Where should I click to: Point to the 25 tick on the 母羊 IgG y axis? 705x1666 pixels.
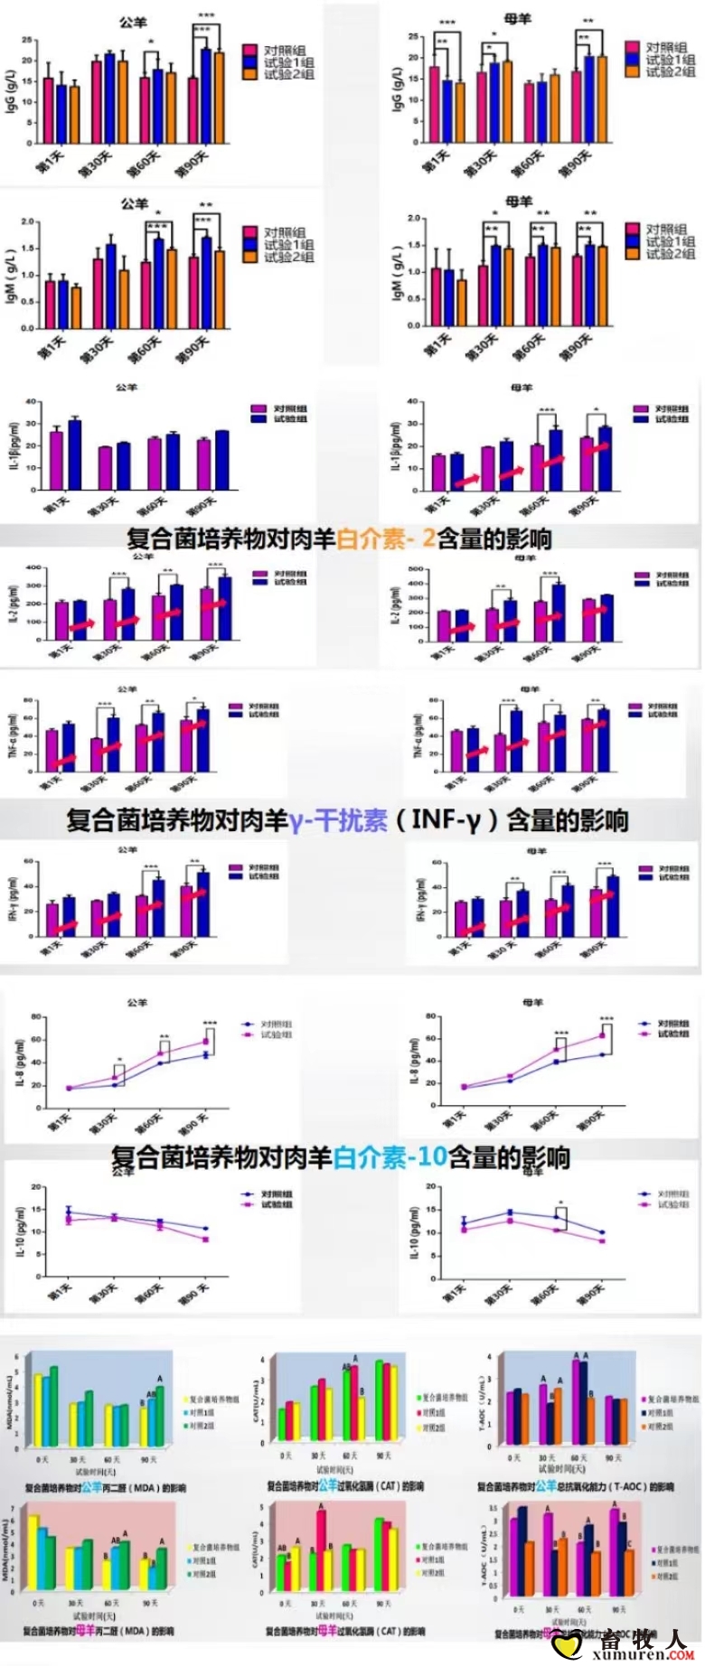413,37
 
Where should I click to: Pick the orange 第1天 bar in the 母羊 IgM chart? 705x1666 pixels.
463,302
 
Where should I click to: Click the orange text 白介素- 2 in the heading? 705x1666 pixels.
385,539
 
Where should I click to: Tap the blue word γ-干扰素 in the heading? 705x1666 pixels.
338,820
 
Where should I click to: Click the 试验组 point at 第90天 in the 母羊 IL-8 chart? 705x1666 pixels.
602,1035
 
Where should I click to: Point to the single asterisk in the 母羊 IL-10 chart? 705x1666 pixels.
561,1203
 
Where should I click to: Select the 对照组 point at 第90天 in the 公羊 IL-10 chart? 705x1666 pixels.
205,1229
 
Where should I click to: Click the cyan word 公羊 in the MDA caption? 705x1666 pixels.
91,1487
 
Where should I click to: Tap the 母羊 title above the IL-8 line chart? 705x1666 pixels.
532,1003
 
